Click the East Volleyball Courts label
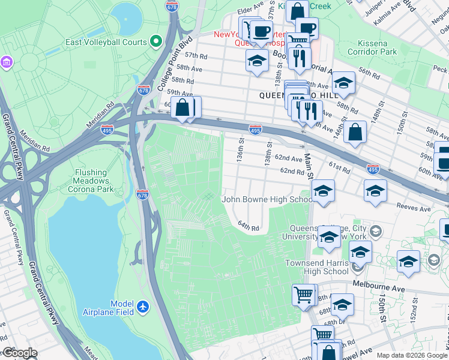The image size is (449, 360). click(x=107, y=42)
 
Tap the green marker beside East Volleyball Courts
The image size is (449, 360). click(x=156, y=42)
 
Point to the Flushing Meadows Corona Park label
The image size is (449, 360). click(x=92, y=181)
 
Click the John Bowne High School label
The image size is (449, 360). click(x=267, y=199)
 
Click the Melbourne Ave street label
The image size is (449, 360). click(x=376, y=284)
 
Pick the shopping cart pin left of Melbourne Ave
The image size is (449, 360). click(x=304, y=295)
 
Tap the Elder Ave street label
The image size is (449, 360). click(x=250, y=10)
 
